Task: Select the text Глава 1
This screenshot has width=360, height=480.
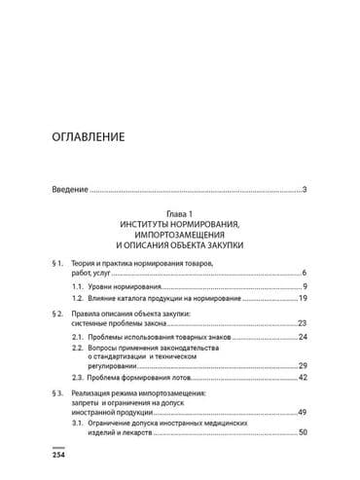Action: coord(179,212)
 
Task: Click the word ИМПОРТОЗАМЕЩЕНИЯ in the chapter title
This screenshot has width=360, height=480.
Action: coord(179,235)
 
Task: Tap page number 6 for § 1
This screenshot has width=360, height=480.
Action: coord(305,275)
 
